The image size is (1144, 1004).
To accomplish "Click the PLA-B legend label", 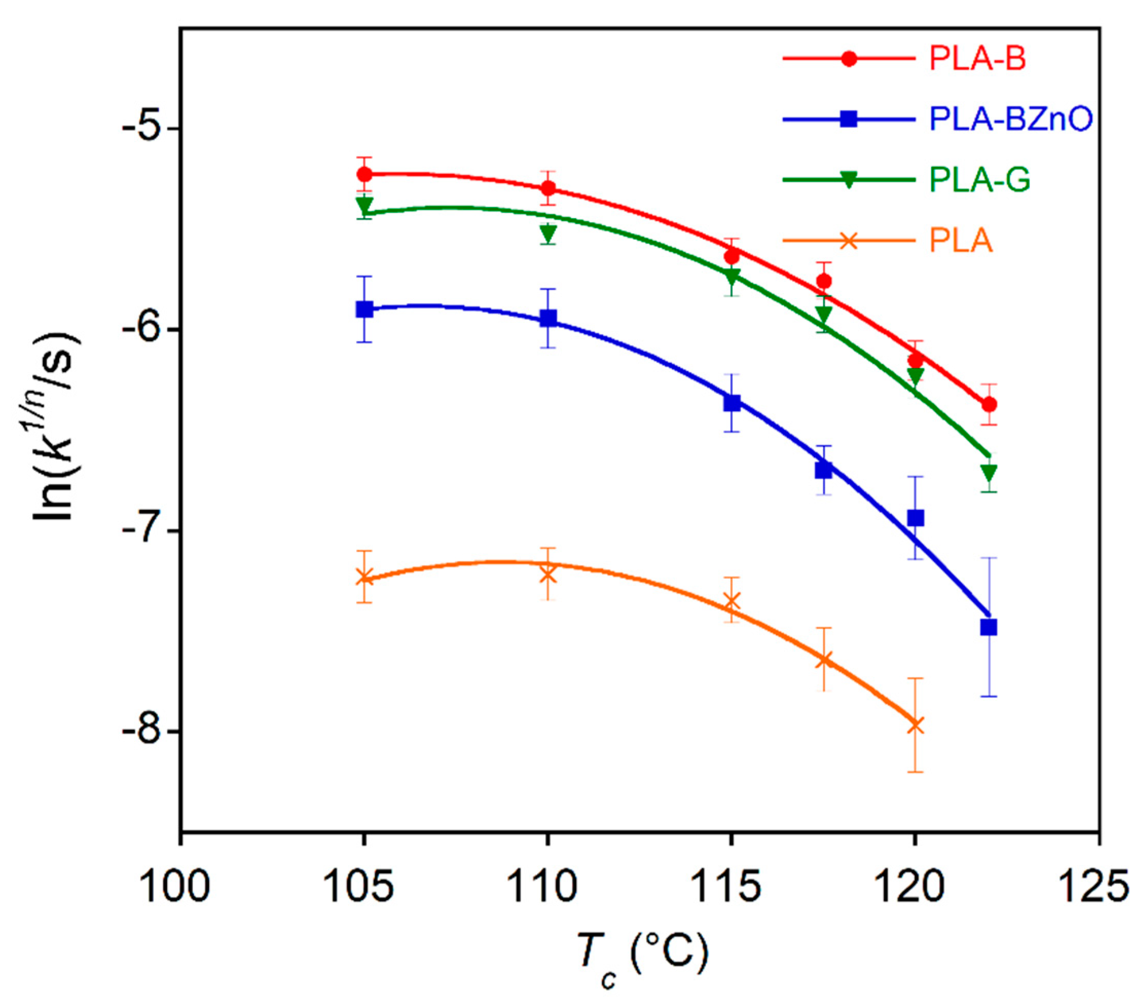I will tap(978, 59).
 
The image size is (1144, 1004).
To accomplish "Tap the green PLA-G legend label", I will tap(980, 180).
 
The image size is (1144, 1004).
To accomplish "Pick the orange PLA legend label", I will tap(961, 241).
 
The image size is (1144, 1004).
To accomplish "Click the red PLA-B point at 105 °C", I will tap(364, 174).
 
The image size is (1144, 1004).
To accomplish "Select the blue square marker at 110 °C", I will tap(548, 318).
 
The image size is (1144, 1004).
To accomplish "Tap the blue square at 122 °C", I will tap(989, 628).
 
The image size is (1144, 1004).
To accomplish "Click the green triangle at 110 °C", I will tap(548, 232).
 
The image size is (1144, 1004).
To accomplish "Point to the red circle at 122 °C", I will tap(989, 404).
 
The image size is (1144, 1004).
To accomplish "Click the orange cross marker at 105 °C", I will tap(364, 577).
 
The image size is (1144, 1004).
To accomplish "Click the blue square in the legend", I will tap(849, 119).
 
